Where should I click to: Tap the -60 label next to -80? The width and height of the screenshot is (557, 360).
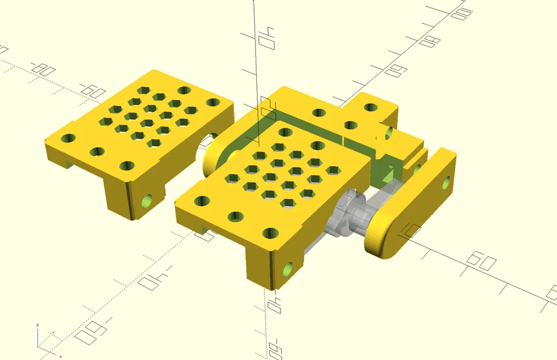pyautogui.click(x=90, y=90)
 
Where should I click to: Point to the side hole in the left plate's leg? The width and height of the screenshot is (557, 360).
pyautogui.click(x=147, y=201)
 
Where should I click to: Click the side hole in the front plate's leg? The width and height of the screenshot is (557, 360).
pyautogui.click(x=289, y=268)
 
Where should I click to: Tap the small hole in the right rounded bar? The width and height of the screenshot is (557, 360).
pyautogui.click(x=446, y=184)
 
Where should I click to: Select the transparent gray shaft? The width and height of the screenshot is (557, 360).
pyautogui.click(x=346, y=219)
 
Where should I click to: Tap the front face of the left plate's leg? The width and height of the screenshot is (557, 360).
pyautogui.click(x=118, y=196)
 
